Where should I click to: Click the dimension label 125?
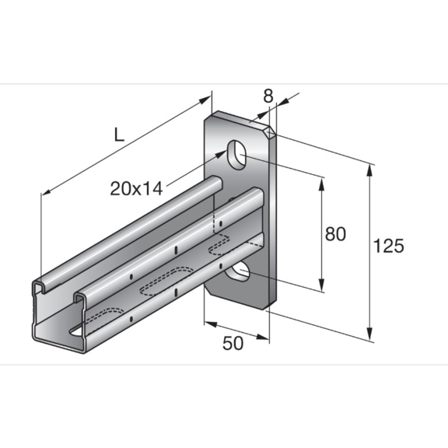389,246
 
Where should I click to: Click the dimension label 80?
335,233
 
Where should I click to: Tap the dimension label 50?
233,343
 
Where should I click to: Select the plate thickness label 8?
268,96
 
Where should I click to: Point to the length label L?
119,135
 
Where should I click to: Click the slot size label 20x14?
136,188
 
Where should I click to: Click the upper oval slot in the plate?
236,155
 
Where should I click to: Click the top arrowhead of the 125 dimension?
369,171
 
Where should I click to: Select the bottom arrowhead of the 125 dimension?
369,334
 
